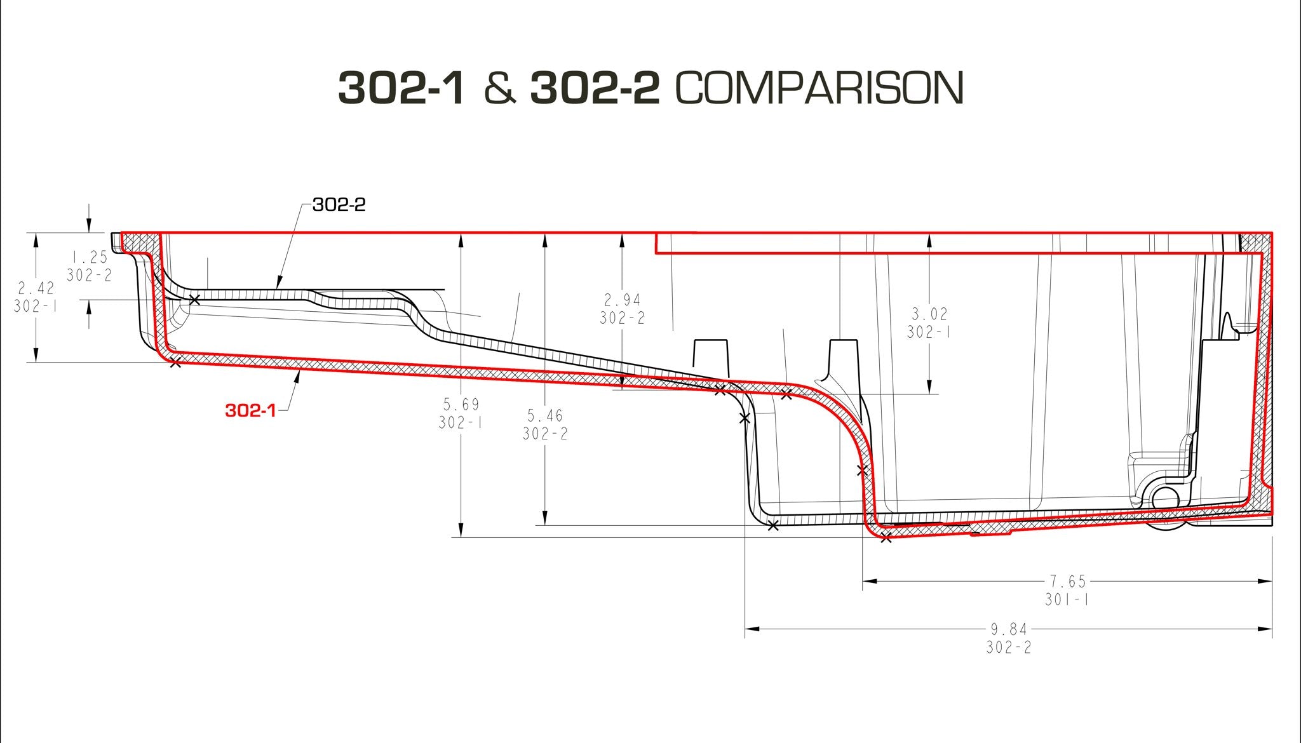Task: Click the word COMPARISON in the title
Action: (x=820, y=88)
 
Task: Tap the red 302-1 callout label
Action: (x=250, y=411)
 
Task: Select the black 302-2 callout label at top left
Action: (x=339, y=205)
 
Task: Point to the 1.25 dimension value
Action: (x=89, y=257)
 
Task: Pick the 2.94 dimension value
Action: (x=622, y=300)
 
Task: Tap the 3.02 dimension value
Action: (x=929, y=314)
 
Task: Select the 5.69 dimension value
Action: (x=461, y=404)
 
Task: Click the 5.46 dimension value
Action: (x=545, y=415)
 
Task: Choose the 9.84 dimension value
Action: (x=1008, y=629)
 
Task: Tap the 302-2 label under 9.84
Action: (x=1008, y=648)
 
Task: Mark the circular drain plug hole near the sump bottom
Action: (x=1164, y=498)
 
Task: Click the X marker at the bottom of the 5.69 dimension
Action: (x=886, y=538)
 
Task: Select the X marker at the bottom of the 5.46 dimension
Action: (x=772, y=525)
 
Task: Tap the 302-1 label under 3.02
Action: (x=929, y=332)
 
